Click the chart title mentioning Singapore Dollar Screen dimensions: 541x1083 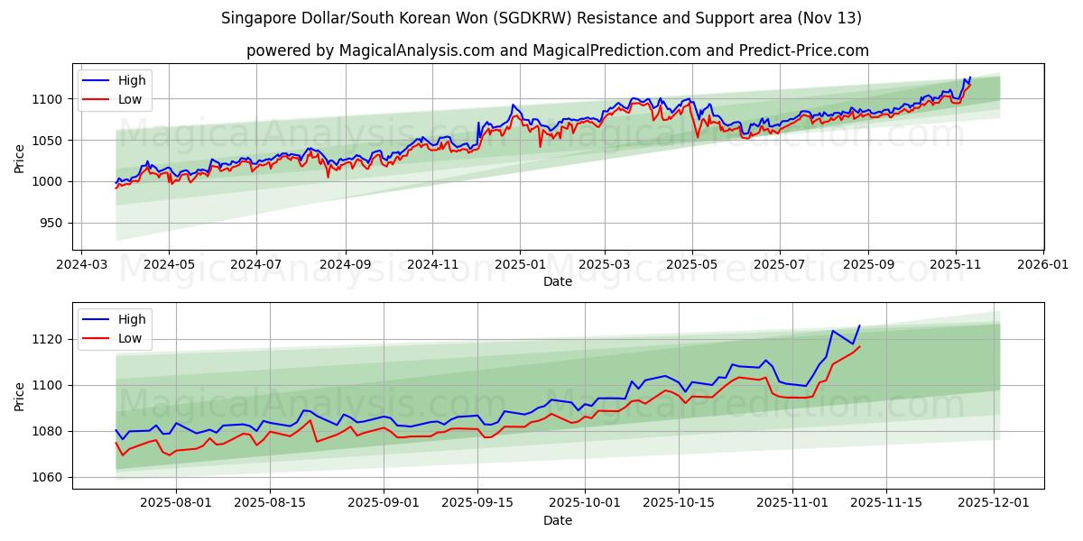[541, 18]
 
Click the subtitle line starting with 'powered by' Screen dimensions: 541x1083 [557, 50]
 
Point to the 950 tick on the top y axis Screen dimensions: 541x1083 [51, 224]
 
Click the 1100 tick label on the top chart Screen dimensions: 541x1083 [48, 99]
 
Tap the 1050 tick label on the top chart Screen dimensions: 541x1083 [48, 141]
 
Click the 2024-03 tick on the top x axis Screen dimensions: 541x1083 [82, 265]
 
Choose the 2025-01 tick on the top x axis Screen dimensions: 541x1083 [520, 265]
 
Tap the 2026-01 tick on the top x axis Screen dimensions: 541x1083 [1042, 265]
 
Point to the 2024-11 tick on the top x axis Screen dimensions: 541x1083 [431, 265]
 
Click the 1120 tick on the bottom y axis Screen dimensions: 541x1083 [48, 339]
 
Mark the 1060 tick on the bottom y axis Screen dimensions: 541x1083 [48, 477]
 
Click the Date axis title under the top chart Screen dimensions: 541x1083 [557, 281]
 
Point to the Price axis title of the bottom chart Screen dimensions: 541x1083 [20, 396]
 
